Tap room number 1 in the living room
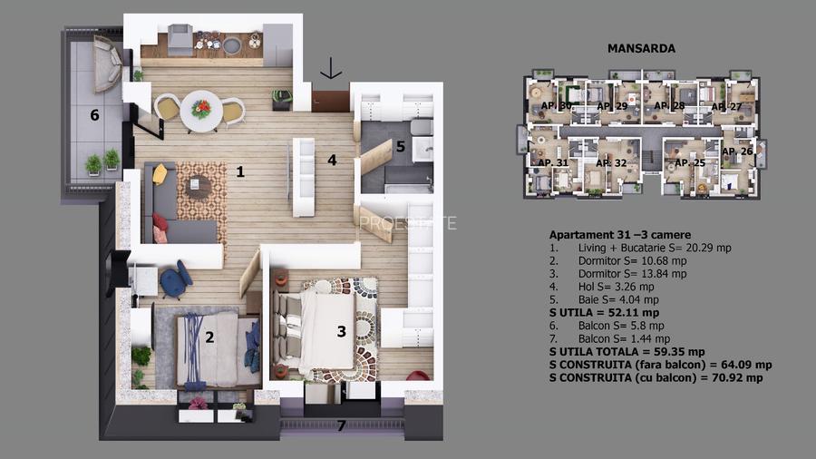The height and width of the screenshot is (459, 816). (x=240, y=171)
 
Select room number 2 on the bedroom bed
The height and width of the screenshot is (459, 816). (x=209, y=338)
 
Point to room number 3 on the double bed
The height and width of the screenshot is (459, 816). (x=341, y=331)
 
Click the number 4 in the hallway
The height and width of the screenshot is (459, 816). (x=333, y=160)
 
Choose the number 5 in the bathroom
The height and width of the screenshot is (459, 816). (x=400, y=145)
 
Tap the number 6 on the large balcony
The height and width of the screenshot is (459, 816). (x=93, y=115)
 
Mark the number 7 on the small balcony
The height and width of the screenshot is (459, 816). (x=341, y=425)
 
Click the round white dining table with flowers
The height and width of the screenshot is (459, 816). (x=201, y=110)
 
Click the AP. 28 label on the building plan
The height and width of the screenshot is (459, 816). (x=669, y=106)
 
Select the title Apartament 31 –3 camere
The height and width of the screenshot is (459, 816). (x=613, y=233)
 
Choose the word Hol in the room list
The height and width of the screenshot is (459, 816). (x=588, y=286)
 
